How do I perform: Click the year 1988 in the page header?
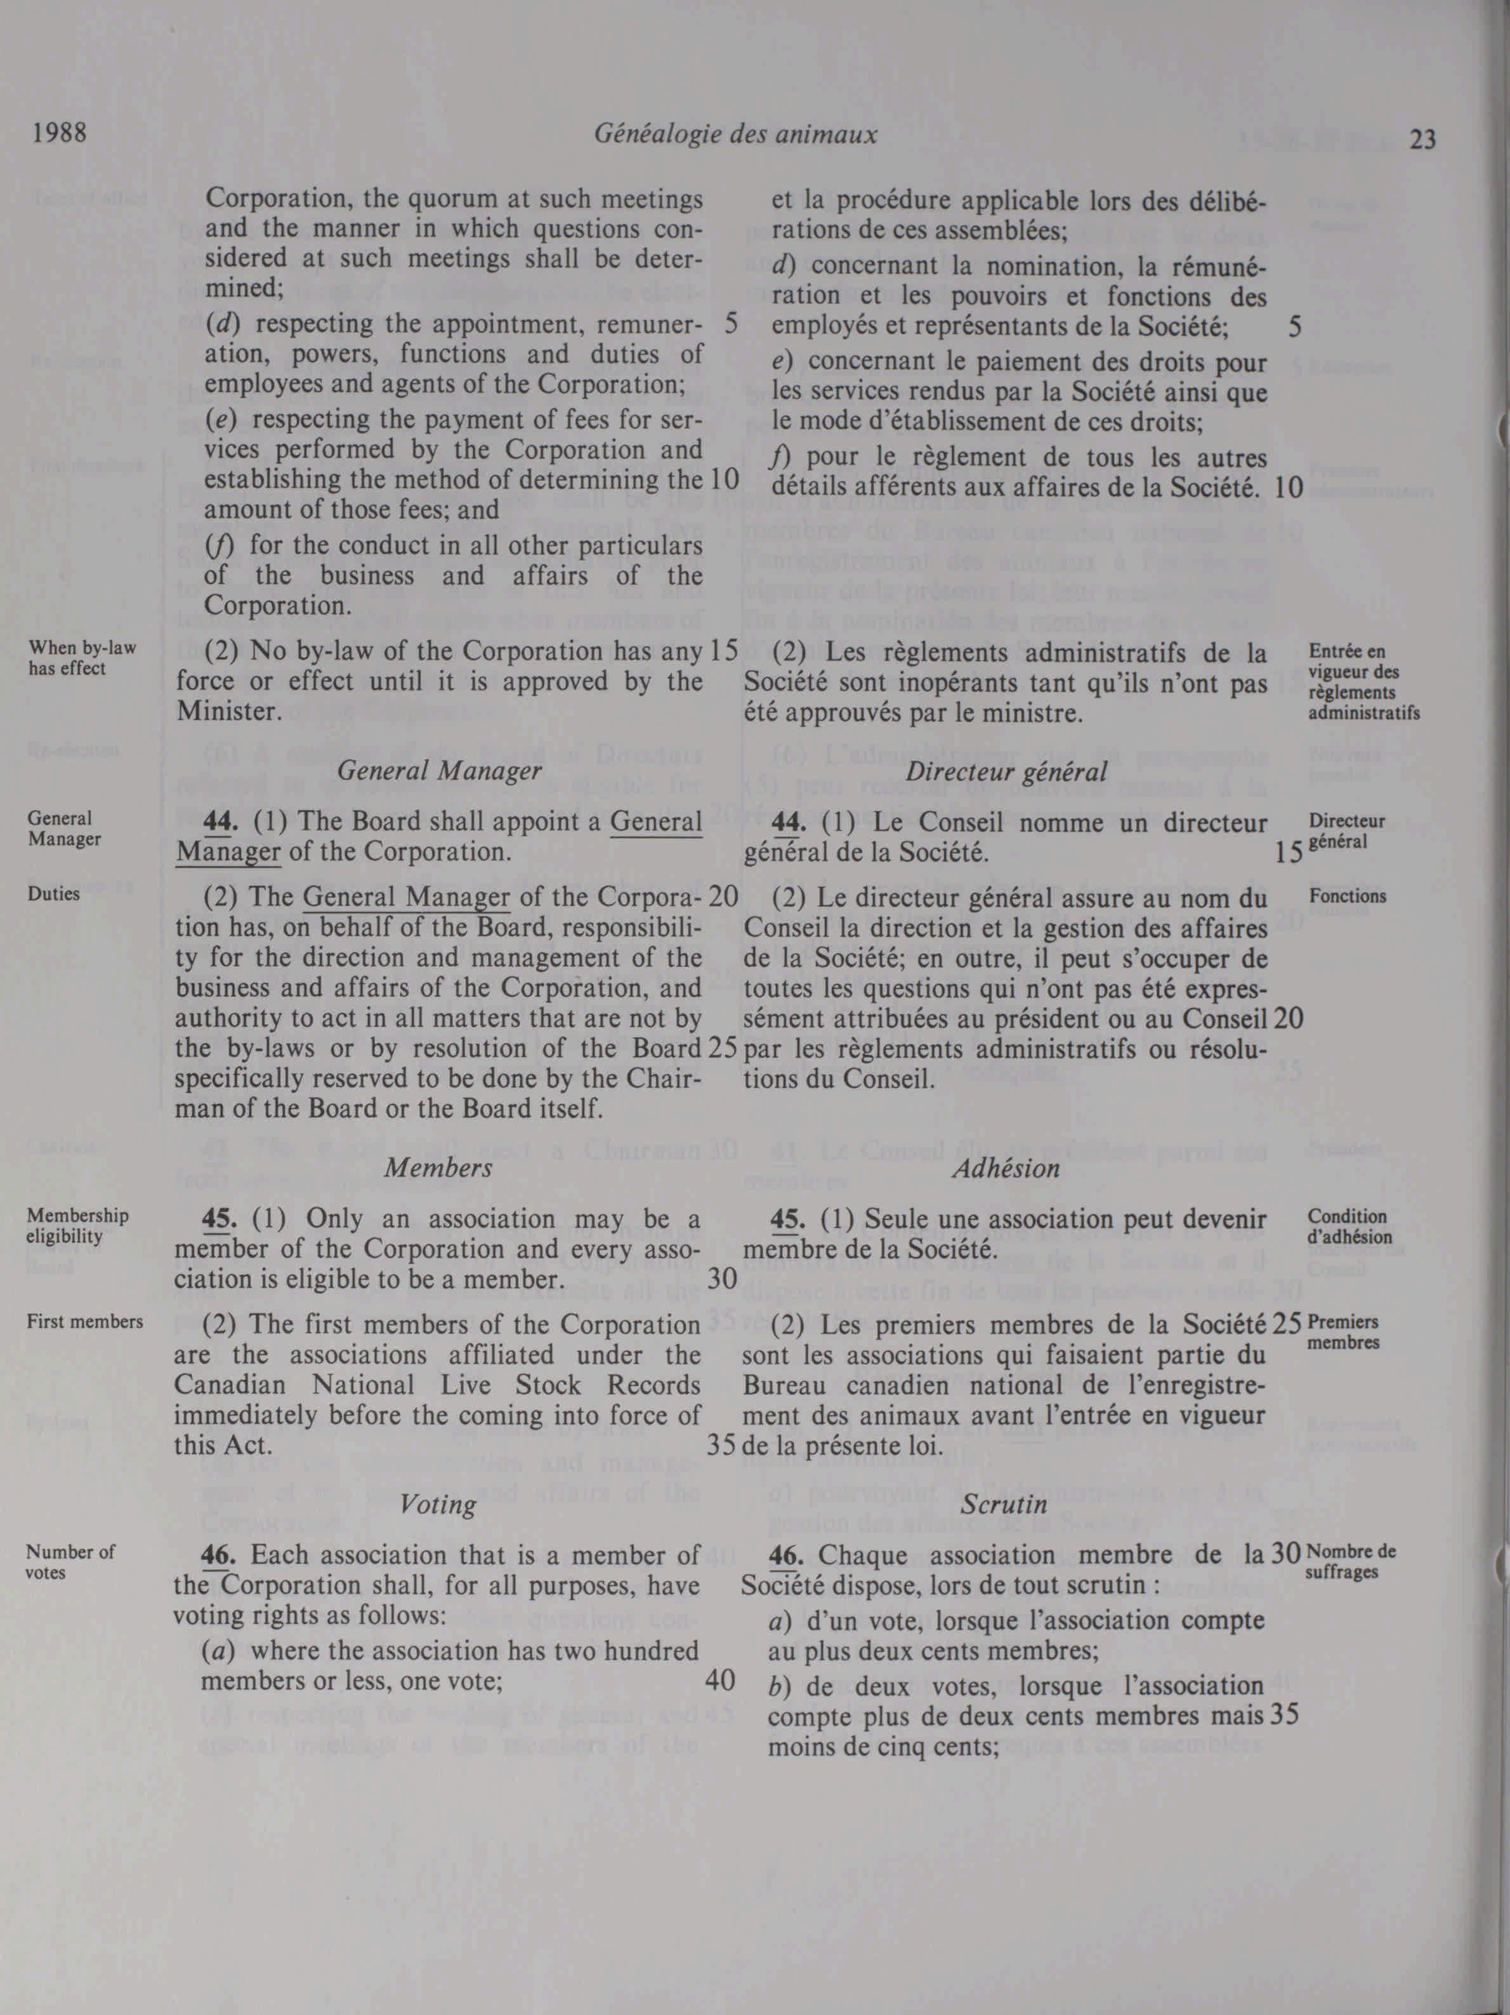[59, 133]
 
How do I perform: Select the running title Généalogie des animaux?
[735, 135]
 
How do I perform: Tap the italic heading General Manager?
[439, 771]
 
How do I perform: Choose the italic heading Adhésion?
[1006, 1168]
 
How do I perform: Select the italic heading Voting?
[438, 1504]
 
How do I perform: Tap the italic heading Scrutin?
[1004, 1505]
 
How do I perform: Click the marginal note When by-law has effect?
[82, 658]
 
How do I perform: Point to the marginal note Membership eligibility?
[77, 1226]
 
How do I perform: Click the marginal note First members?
[84, 1321]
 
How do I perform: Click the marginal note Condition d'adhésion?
[1349, 1226]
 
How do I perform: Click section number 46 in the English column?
[219, 1555]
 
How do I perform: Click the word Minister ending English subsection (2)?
[226, 711]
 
